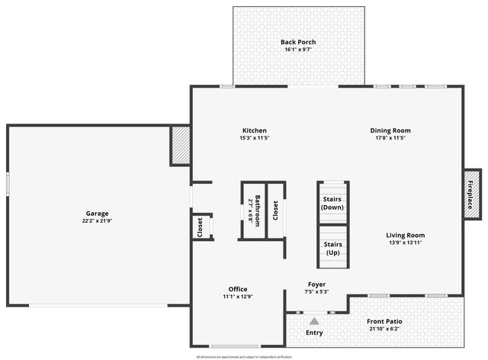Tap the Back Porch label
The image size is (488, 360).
pos(297,42)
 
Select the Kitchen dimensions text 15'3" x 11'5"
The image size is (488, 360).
pos(254,138)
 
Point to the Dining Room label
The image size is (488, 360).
pos(390,130)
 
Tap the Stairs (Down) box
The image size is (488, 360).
pos(332,203)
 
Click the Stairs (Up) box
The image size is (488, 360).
pos(332,248)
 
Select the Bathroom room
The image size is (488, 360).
pos(254,211)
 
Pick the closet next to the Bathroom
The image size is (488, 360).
pos(275,211)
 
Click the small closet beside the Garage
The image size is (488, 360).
pos(201,227)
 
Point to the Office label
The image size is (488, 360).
pos(237,289)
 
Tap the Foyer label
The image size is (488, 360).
pos(316,284)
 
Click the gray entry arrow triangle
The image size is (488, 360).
pos(313,321)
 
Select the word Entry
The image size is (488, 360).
pos(314,333)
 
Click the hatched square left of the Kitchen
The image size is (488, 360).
pos(180,145)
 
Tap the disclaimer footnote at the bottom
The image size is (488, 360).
pos(244,357)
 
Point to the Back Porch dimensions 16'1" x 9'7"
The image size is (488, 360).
pos(297,50)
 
